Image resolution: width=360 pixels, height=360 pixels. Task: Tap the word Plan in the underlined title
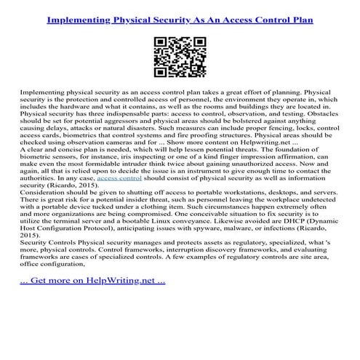[300, 20]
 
